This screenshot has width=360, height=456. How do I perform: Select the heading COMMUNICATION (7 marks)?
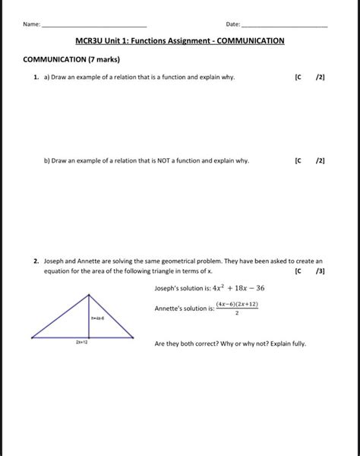pos(72,59)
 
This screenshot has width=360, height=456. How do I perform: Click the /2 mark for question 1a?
pos(321,78)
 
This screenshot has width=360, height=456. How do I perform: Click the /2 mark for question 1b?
pos(321,161)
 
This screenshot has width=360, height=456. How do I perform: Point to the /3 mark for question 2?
pos(321,271)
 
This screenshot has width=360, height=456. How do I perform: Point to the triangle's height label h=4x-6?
pos(98,319)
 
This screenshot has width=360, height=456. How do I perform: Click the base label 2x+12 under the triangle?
pos(82,343)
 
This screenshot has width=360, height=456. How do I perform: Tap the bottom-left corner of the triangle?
pos(33,337)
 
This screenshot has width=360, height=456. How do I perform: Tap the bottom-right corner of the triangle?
pos(134,337)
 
